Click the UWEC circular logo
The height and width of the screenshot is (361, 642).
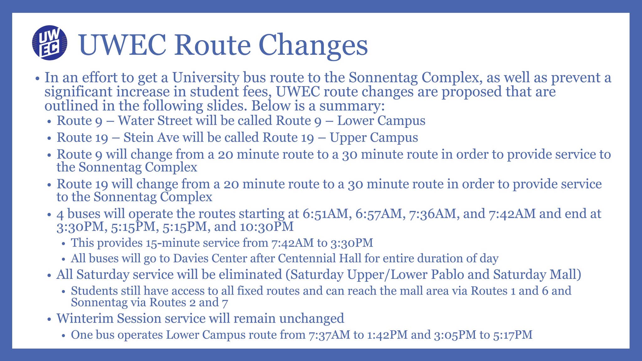[50, 43]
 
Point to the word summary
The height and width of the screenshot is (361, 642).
[352, 106]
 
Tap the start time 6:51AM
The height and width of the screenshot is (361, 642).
[326, 214]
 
